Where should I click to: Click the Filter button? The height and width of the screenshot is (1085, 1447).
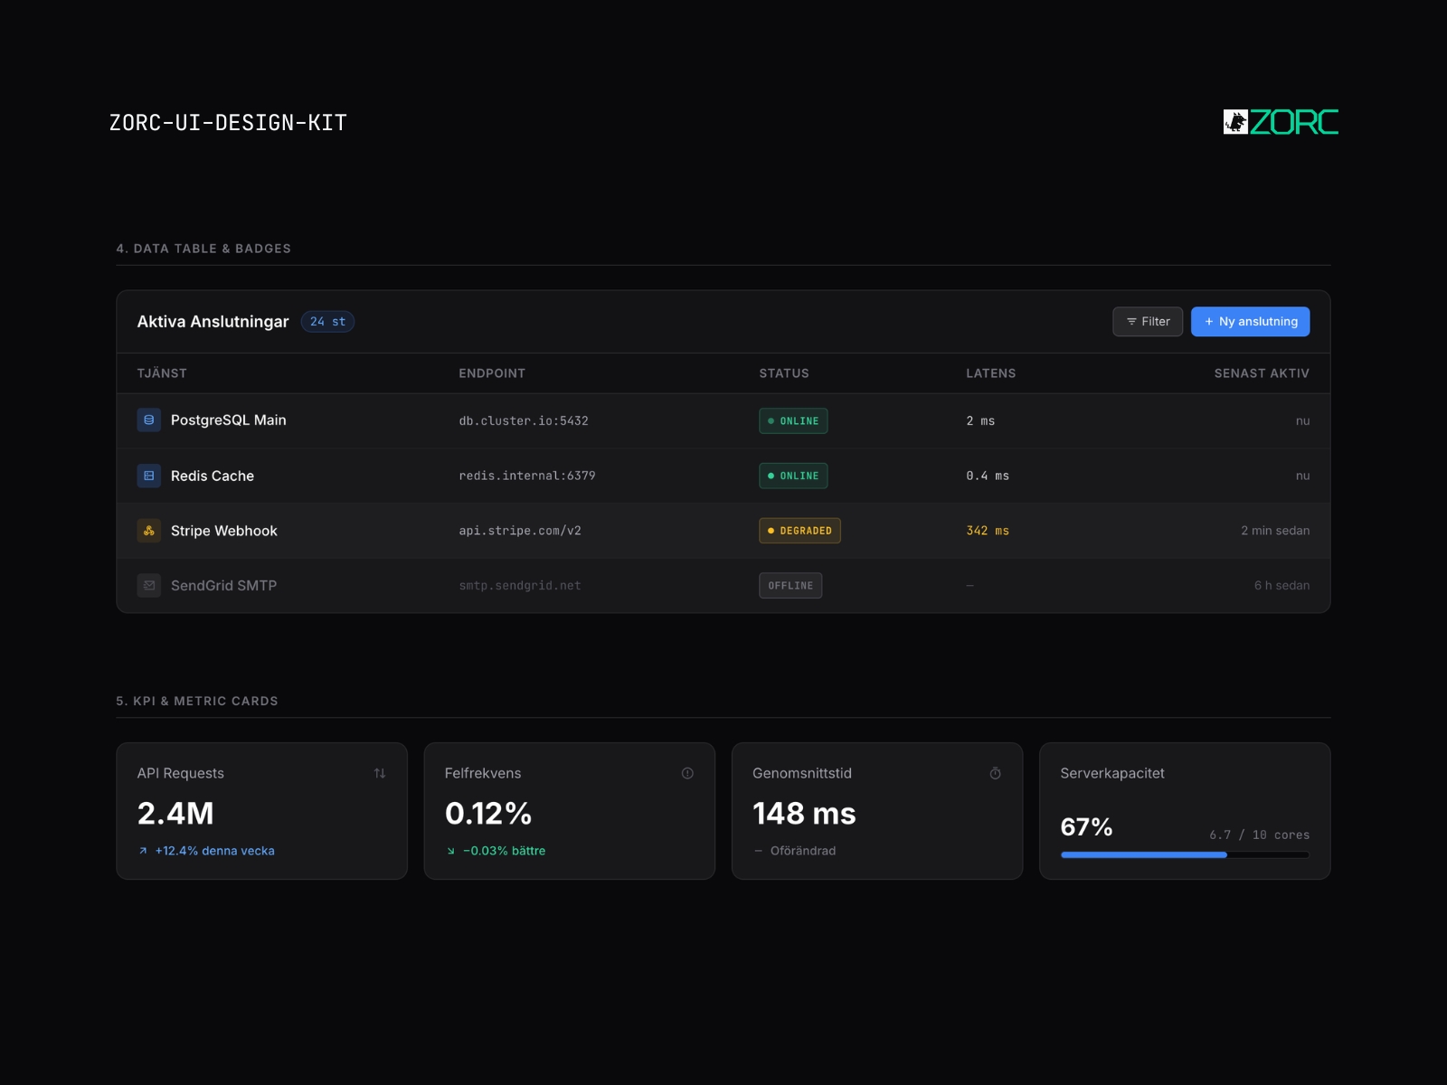coord(1147,322)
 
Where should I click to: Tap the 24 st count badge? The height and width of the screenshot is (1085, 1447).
coord(327,322)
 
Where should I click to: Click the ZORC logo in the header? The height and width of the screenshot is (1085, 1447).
coord(1281,122)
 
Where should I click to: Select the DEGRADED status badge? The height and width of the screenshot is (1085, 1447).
coord(799,531)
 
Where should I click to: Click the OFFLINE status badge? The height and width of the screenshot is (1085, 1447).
coord(790,586)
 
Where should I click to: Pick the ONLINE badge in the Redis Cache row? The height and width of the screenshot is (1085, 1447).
coord(793,476)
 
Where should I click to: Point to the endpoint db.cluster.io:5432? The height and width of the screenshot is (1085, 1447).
coord(524,421)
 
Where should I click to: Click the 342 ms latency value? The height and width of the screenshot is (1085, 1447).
coord(988,531)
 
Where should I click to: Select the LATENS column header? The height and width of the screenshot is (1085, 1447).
coord(991,373)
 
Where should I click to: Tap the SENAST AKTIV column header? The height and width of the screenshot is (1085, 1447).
coord(1262,373)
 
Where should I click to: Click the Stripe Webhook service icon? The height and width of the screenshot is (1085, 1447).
coord(149,531)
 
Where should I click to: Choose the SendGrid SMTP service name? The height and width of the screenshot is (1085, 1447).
coord(223,586)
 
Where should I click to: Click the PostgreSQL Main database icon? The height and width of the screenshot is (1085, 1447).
coord(149,420)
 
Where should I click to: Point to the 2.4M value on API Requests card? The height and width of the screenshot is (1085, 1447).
coord(175,814)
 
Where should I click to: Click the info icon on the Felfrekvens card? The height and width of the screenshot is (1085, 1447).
coord(687,773)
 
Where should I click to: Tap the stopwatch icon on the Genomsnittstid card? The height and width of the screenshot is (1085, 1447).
coord(995,773)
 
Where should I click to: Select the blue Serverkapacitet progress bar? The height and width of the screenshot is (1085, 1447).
coord(1144,855)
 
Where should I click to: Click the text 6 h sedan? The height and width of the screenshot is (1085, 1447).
coord(1281,586)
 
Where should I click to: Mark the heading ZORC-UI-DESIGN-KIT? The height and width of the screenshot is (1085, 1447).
coord(228,123)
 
